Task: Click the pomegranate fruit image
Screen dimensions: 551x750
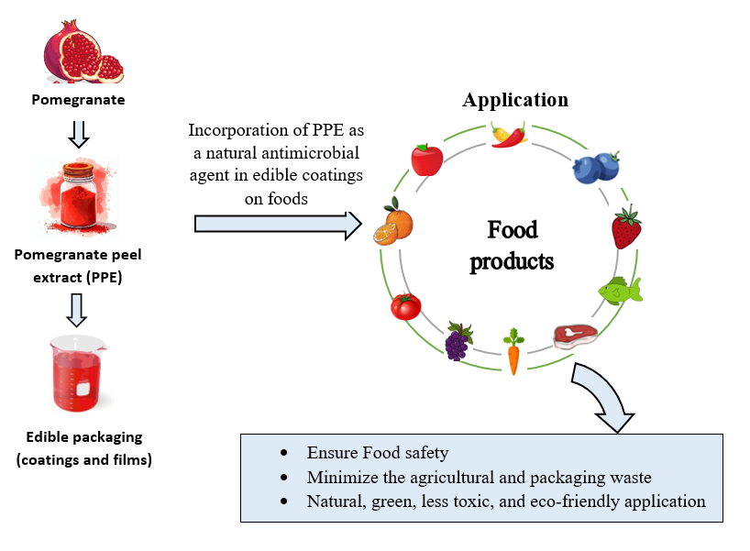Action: point(83,54)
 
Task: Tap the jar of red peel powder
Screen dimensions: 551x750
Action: point(78,194)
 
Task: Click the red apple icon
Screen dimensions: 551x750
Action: point(426,160)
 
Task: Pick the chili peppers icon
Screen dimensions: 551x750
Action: point(509,135)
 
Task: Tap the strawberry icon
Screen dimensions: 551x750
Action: point(626,228)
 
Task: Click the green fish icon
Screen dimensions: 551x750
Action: point(620,291)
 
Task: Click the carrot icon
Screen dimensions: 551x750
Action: point(513,353)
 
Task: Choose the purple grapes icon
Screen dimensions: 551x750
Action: point(458,341)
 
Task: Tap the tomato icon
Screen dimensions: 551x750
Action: point(405,304)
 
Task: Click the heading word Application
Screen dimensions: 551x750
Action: point(515,100)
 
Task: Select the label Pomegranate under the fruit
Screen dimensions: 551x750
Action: point(78,99)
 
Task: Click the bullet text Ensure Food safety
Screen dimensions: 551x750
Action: point(378,452)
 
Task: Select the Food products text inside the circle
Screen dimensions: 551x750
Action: point(513,245)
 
